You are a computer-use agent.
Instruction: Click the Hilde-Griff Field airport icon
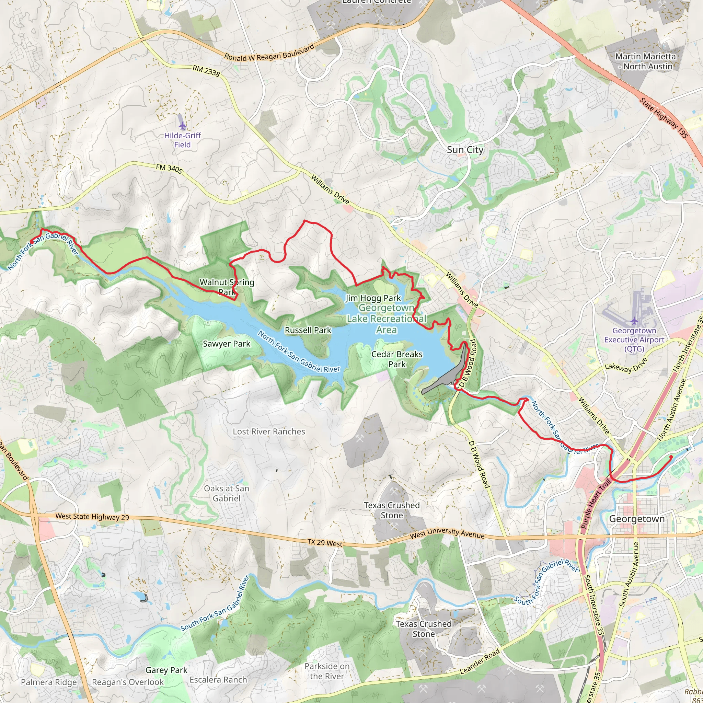pyautogui.click(x=182, y=126)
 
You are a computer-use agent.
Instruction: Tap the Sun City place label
pyautogui.click(x=465, y=150)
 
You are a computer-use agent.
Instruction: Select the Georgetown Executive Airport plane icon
pyautogui.click(x=634, y=321)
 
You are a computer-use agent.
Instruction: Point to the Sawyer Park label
pyautogui.click(x=226, y=344)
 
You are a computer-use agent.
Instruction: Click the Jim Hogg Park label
pyautogui.click(x=373, y=298)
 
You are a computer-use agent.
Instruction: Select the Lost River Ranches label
pyautogui.click(x=269, y=431)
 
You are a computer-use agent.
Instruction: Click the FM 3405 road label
pyautogui.click(x=169, y=169)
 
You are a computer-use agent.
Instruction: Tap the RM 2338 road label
pyautogui.click(x=206, y=71)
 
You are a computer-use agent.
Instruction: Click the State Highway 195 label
pyautogui.click(x=664, y=118)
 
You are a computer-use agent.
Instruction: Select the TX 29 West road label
pyautogui.click(x=325, y=543)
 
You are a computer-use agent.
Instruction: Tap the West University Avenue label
pyautogui.click(x=447, y=533)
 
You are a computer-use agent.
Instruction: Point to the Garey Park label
pyautogui.click(x=166, y=670)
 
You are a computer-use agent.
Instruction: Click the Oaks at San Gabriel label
pyautogui.click(x=226, y=493)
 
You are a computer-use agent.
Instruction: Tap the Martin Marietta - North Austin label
pyautogui.click(x=645, y=61)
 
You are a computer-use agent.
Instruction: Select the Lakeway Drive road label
pyautogui.click(x=626, y=365)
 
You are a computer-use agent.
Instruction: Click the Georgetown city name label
pyautogui.click(x=637, y=519)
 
